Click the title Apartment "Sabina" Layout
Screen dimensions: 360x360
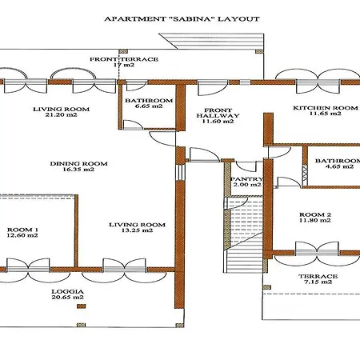[x=182, y=19]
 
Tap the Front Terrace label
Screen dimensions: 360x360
[x=124, y=59]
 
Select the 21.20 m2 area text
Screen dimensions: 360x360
[x=62, y=115]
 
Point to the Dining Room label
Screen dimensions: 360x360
[x=78, y=163]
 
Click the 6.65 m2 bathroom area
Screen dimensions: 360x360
[x=149, y=106]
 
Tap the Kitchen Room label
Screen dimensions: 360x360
[x=326, y=108]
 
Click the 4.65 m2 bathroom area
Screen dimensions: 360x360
[x=339, y=166]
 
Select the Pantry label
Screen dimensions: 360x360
[x=246, y=179]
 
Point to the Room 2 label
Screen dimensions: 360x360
[x=315, y=214]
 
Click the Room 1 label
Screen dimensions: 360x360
[x=22, y=230]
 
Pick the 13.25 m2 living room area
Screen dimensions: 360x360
[x=137, y=230]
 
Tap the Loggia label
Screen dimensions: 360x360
[x=67, y=292]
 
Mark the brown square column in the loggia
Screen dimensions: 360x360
[x=82, y=306]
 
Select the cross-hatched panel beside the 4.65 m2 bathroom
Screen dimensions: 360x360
[x=305, y=175]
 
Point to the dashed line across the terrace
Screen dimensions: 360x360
[x=311, y=294]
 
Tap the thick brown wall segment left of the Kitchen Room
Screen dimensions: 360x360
[x=268, y=129]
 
